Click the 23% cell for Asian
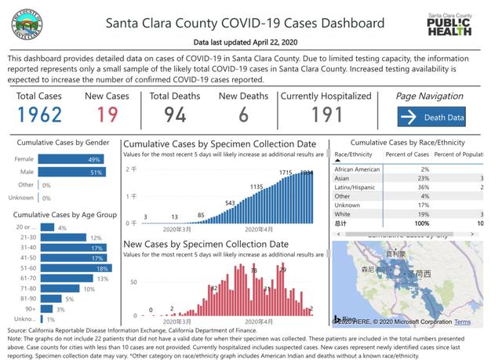pyautogui.click(x=424, y=178)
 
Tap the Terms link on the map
pyautogui.click(x=462, y=322)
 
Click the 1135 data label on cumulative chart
pyautogui.click(x=256, y=187)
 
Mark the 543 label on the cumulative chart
pyautogui.click(x=231, y=203)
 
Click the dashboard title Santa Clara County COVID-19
pyautogui.click(x=246, y=23)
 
